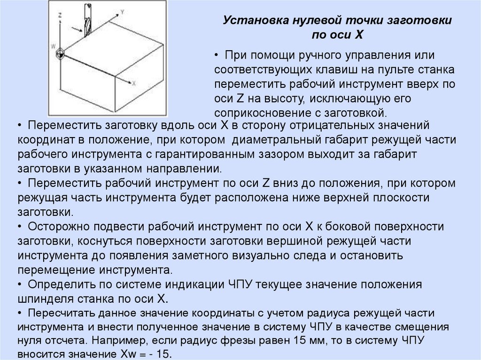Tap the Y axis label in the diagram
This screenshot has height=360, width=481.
pos(122,10)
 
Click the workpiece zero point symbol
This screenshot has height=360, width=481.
pos(60,54)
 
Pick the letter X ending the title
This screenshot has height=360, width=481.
pos(359,34)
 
